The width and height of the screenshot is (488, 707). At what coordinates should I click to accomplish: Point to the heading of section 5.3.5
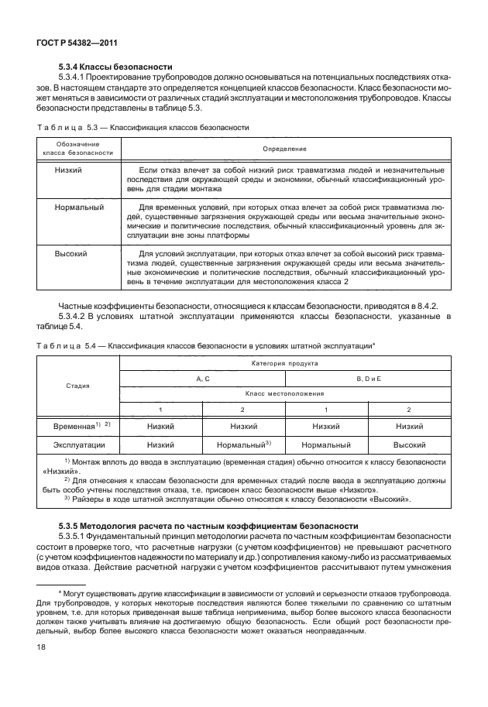tap(208, 526)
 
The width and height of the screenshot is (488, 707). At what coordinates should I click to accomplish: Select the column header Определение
tap(284, 148)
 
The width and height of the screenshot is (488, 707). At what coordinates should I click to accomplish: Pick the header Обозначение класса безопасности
tap(77, 148)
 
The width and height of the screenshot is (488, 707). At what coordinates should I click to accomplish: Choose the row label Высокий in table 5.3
tap(70, 253)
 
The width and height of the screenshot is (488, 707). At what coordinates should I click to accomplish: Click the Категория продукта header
tap(284, 362)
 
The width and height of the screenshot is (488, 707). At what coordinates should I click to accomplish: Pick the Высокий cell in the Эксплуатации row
tap(410, 445)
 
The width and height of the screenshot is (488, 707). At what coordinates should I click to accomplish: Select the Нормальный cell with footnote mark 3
tap(242, 445)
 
